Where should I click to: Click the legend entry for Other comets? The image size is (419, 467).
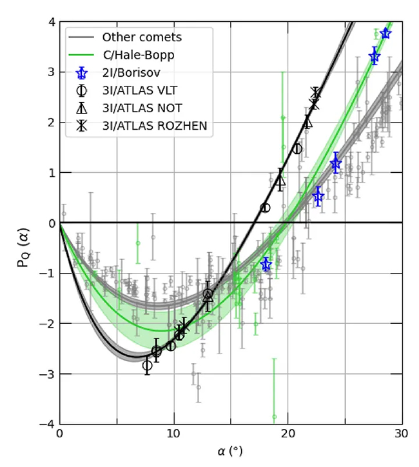point(142,37)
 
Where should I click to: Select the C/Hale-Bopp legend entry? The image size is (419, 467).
point(138,55)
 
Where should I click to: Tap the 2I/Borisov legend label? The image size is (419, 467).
point(133,72)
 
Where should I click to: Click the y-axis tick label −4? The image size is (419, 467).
point(46,424)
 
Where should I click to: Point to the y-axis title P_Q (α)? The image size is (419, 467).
point(23,223)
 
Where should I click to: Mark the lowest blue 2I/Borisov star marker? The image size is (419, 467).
point(266,264)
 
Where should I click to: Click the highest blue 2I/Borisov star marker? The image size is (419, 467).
point(385,34)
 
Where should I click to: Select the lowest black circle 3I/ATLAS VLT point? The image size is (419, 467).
point(148,366)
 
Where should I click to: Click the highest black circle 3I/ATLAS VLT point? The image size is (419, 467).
point(298,149)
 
